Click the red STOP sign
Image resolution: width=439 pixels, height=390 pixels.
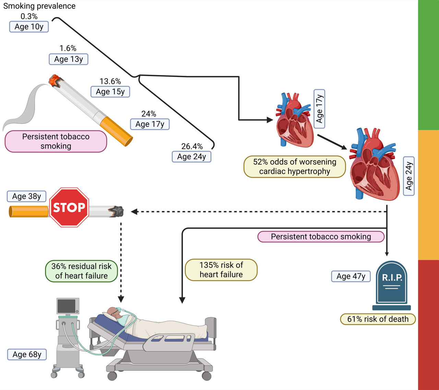(x=69, y=207)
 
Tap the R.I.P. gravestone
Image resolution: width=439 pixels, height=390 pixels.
(x=392, y=285)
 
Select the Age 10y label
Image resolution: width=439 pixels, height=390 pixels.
(x=29, y=27)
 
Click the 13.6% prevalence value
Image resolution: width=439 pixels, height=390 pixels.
(x=110, y=81)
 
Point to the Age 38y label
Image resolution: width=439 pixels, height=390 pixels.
(x=26, y=196)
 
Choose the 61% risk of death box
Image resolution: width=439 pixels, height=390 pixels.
(x=378, y=319)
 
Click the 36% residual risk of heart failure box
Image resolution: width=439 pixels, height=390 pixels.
(x=81, y=271)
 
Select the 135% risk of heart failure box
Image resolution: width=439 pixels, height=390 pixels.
(x=221, y=270)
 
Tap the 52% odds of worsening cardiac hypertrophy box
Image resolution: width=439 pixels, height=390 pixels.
(x=295, y=167)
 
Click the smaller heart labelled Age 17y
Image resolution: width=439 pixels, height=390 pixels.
(x=294, y=120)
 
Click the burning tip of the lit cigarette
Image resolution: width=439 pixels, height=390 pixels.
(x=55, y=81)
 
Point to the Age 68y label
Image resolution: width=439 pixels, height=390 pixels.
(x=27, y=354)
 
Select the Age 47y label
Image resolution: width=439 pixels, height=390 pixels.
(x=351, y=276)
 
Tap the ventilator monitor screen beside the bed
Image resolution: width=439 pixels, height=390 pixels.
(x=67, y=306)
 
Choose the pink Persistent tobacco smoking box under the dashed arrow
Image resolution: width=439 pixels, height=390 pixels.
(x=321, y=237)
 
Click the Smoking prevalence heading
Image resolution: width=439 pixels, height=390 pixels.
(x=39, y=6)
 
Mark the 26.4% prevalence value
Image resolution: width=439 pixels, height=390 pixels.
(x=192, y=146)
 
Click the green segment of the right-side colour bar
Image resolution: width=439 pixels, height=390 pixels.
(x=428, y=65)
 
